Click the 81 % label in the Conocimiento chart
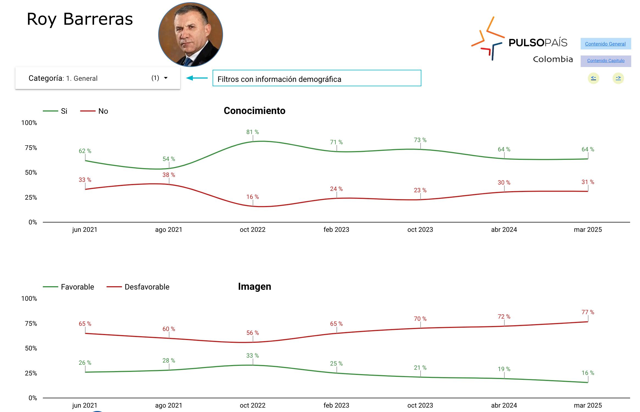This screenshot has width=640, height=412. tap(252, 132)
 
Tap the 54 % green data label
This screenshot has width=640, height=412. tap(169, 159)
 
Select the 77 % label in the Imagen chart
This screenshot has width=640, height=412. tap(588, 312)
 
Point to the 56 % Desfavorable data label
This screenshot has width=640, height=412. tap(252, 333)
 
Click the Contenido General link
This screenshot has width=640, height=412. tap(605, 44)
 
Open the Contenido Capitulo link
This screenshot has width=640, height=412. tap(606, 61)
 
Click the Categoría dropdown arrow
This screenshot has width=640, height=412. tap(166, 78)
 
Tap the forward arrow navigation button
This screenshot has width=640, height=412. tap(618, 78)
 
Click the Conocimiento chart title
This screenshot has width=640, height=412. tap(254, 111)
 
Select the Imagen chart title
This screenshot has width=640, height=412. tap(254, 286)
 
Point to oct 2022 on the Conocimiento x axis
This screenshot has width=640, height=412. tap(252, 230)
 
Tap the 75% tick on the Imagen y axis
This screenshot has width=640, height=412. tap(31, 324)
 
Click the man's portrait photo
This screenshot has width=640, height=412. tap(191, 35)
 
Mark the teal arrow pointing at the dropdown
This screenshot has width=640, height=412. tap(197, 78)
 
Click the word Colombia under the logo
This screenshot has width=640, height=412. tap(553, 59)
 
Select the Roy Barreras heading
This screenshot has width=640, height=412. tap(80, 19)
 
